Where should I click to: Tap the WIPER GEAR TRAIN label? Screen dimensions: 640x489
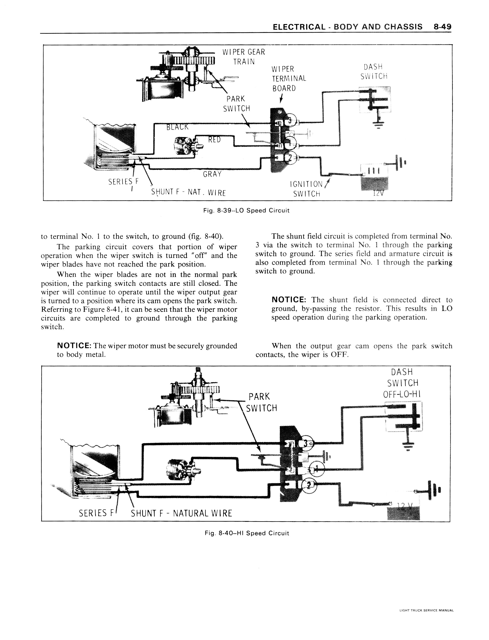tap(244, 57)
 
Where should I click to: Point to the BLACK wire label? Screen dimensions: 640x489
tap(177, 127)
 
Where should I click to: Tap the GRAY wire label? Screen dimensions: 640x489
tap(212, 174)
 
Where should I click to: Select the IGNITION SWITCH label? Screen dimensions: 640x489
tap(307, 189)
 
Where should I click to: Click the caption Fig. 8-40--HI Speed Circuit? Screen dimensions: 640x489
tap(247, 533)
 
